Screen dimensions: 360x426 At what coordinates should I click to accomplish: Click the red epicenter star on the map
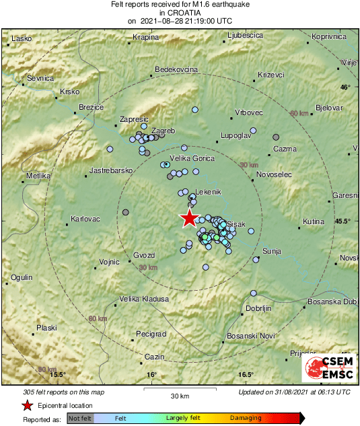click(x=190, y=218)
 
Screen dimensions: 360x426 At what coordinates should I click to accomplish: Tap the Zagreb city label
click(x=164, y=131)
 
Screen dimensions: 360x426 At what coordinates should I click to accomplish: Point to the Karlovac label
click(x=85, y=219)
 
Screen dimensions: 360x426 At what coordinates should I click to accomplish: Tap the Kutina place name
click(x=314, y=221)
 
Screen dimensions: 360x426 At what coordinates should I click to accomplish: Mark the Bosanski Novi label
click(x=247, y=335)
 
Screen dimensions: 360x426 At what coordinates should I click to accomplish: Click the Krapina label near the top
click(x=145, y=37)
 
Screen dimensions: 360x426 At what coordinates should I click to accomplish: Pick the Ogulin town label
click(x=22, y=277)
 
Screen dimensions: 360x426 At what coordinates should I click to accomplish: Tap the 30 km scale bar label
click(x=180, y=395)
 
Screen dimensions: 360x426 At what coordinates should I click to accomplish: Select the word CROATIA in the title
click(x=180, y=12)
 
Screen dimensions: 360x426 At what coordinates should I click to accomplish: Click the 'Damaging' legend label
click(x=246, y=418)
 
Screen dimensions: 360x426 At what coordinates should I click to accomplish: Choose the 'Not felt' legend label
click(x=80, y=418)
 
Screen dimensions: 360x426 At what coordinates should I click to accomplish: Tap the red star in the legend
click(x=27, y=406)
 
